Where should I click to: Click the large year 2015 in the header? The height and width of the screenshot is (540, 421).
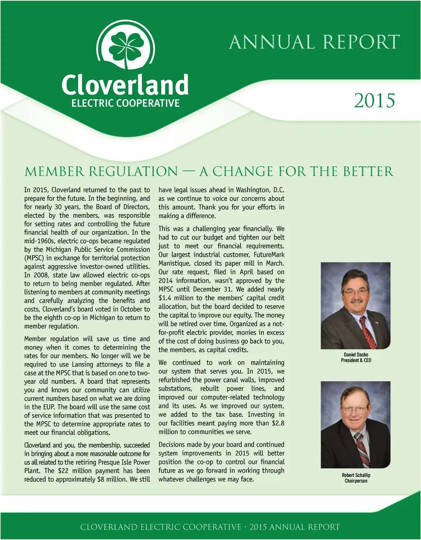point(374,101)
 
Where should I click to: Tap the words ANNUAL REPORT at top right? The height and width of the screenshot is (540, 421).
point(314,42)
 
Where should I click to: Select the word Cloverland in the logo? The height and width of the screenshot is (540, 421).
point(125,85)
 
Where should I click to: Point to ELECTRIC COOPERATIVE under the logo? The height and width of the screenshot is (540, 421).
point(125,103)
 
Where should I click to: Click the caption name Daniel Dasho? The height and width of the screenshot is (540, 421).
point(356,355)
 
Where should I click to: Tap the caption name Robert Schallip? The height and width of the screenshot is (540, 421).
point(356,475)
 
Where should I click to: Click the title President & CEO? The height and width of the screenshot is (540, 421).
point(356,360)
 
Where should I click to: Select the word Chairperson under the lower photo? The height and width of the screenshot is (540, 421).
point(356,481)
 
